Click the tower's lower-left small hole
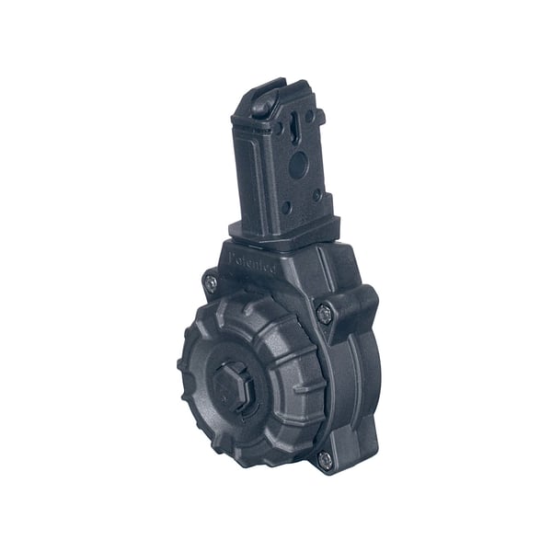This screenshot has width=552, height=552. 286,206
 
